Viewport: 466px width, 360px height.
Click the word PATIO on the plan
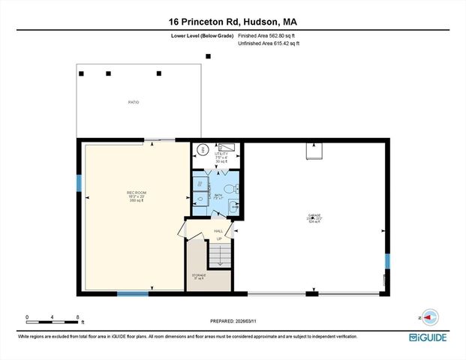tap(133, 102)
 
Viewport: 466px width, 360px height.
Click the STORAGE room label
tap(198, 276)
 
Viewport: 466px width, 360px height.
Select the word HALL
tap(219, 231)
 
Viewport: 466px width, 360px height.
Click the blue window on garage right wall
tap(388, 261)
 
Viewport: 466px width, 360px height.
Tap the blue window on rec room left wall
tap(78, 183)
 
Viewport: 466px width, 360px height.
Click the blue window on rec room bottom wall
tap(132, 293)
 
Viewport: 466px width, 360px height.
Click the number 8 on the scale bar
tap(77, 317)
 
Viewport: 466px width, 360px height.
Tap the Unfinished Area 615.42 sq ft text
tap(269, 44)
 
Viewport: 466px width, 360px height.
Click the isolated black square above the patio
tap(209, 55)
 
